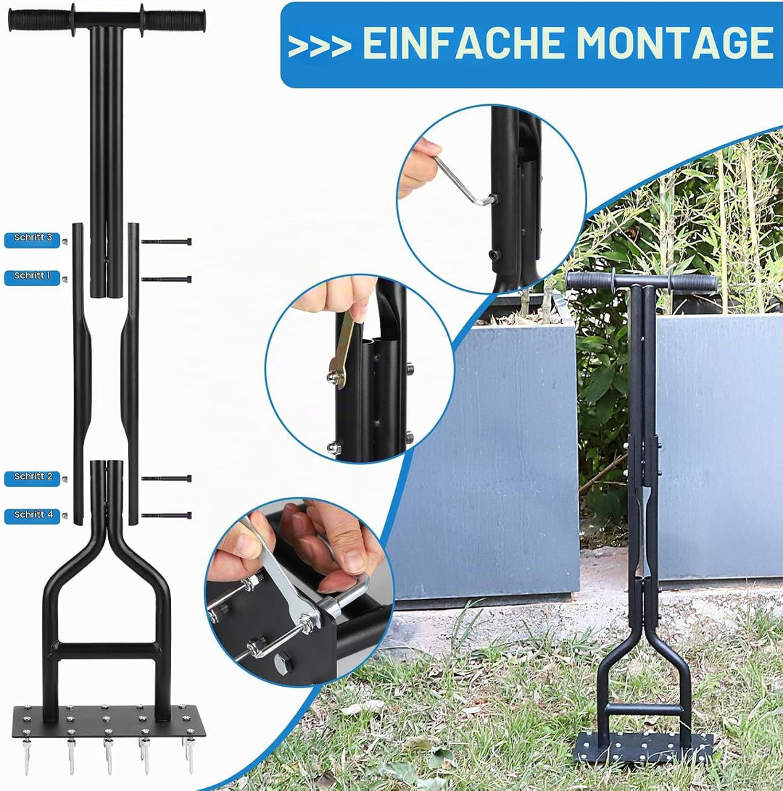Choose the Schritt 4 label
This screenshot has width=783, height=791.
click(x=33, y=516)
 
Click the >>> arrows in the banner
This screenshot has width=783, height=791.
click(x=319, y=46)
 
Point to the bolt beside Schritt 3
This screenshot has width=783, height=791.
click(x=167, y=242)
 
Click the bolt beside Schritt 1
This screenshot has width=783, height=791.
click(x=167, y=280)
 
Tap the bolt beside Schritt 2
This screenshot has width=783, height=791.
click(x=167, y=478)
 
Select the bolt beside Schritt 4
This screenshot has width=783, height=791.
click(x=167, y=516)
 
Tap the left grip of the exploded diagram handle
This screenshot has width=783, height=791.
click(x=41, y=20)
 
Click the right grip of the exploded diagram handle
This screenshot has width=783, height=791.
click(x=173, y=20)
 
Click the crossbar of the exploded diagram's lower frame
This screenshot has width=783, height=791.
click(x=107, y=650)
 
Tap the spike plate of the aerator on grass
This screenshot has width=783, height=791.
click(x=645, y=747)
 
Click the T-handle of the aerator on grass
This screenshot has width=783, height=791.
click(x=641, y=282)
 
